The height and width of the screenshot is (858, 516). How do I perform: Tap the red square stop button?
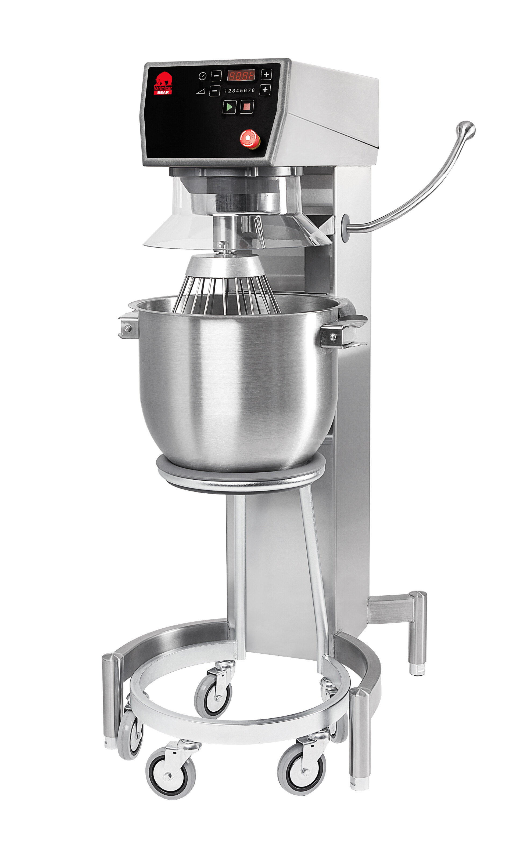tap(246, 107)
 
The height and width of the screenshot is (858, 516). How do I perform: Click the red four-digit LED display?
tap(241, 75)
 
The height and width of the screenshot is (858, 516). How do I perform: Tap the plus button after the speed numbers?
tap(265, 90)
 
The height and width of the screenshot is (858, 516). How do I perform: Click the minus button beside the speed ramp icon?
tap(214, 91)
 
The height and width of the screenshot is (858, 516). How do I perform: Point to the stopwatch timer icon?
tap(202, 76)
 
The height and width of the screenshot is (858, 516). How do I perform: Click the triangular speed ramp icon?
tap(201, 91)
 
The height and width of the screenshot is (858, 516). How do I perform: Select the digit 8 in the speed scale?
tap(253, 90)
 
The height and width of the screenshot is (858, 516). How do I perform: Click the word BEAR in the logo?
tap(163, 92)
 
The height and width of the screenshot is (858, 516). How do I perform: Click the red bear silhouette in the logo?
tap(163, 79)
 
